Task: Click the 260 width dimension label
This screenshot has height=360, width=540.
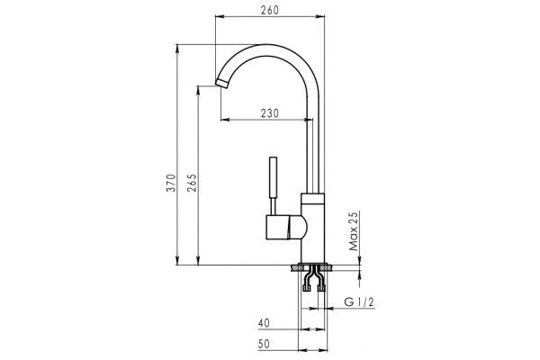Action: (269, 10)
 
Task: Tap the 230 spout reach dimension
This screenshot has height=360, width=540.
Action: (269, 113)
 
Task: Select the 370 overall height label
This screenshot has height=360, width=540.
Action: (171, 183)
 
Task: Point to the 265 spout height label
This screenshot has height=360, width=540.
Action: (192, 183)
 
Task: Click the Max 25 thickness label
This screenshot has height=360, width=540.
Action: (354, 231)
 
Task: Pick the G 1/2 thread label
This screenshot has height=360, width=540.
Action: (359, 302)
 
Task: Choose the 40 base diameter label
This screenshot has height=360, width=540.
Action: (264, 323)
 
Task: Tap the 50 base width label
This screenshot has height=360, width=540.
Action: (264, 344)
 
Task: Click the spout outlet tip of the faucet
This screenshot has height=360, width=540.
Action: (221, 83)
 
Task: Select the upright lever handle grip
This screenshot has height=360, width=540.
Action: (273, 177)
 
